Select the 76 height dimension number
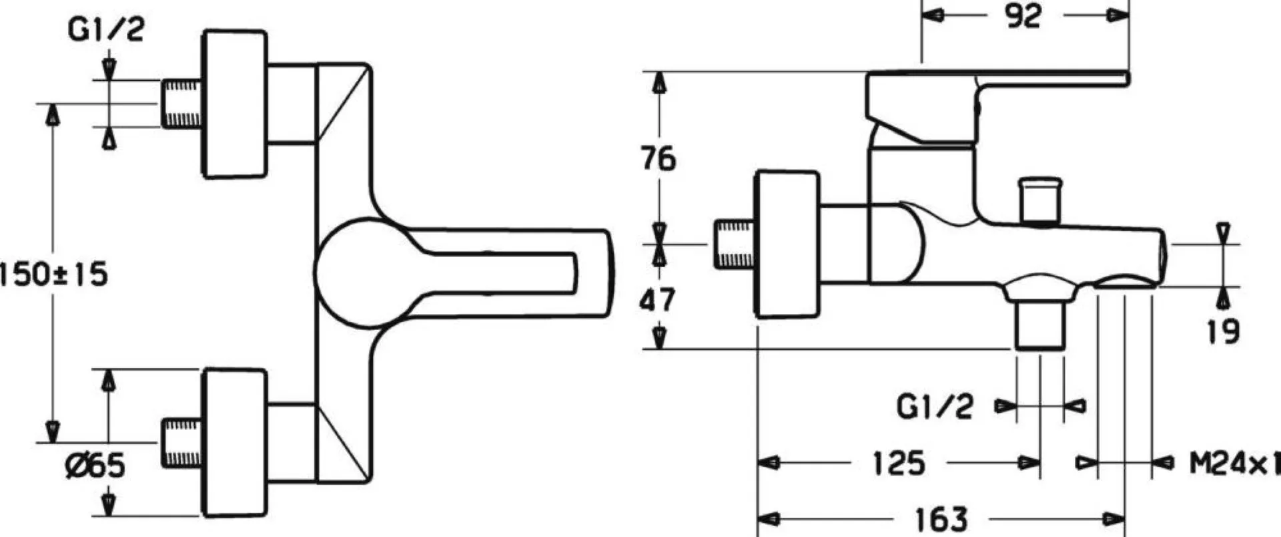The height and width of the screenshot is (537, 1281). (658, 159)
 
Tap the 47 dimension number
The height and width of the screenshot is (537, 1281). (657, 301)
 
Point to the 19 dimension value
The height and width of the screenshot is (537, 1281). (1223, 331)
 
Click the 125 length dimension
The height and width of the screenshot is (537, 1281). (899, 463)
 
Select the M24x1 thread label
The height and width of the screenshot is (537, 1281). (1234, 463)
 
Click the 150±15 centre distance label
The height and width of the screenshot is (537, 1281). (53, 274)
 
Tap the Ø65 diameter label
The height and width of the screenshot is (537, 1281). (95, 465)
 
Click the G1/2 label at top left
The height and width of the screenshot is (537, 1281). (106, 30)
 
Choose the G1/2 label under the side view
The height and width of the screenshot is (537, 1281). (935, 406)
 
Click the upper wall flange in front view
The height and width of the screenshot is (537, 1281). (235, 104)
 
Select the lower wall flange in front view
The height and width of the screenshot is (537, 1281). (235, 441)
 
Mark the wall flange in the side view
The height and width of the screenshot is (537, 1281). (787, 244)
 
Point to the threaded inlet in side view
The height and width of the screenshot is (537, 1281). (734, 244)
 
